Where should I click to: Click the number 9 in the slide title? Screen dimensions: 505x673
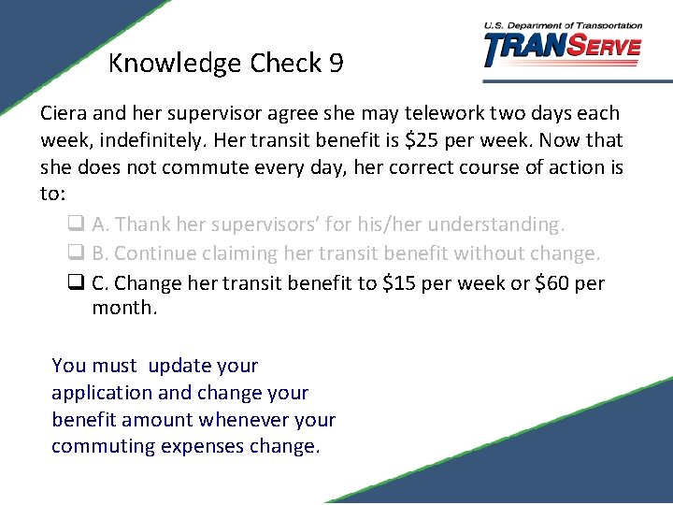click(336, 64)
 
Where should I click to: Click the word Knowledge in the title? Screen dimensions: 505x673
click(175, 65)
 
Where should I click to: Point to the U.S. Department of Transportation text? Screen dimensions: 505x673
click(563, 25)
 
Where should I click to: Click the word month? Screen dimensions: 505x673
click(122, 308)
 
